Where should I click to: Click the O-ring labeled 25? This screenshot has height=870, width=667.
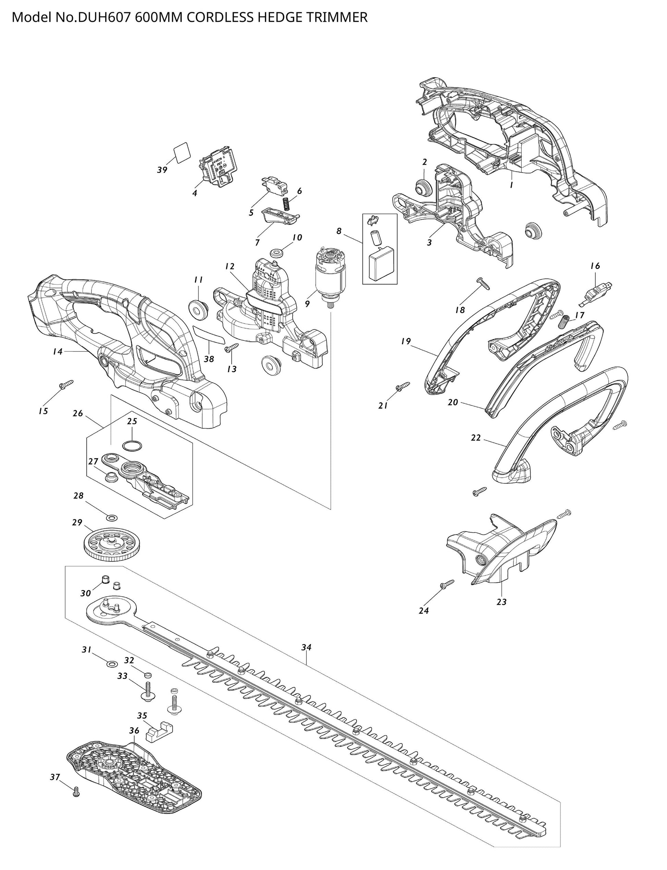tap(132, 446)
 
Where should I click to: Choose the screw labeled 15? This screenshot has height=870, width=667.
tap(66, 384)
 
